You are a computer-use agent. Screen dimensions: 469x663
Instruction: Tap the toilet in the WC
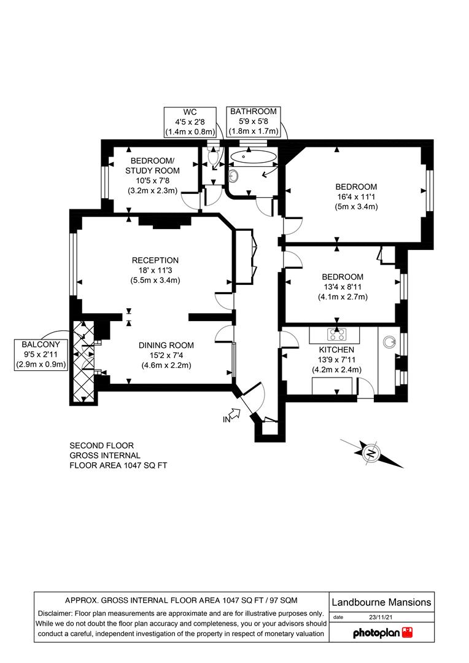pos(213,155)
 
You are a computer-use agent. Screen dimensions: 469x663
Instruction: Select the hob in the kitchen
pos(336,334)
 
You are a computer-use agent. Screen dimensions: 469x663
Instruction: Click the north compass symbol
pos(372,454)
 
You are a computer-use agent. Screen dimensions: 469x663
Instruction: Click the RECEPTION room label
pos(155,260)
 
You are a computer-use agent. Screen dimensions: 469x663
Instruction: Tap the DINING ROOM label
pos(166,346)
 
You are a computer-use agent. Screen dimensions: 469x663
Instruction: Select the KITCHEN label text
pos(336,350)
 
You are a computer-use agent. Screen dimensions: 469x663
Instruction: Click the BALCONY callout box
pos(41,354)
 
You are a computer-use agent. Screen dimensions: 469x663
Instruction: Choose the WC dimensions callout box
pos(190,122)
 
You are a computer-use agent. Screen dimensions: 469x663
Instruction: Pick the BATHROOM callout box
pos(254,122)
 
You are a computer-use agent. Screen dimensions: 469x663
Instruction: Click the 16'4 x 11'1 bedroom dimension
pos(356,196)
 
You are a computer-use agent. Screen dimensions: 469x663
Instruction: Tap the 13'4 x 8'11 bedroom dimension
pos(343,287)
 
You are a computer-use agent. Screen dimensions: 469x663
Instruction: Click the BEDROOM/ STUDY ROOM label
pos(152,166)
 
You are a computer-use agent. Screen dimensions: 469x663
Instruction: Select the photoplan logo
pos(382,632)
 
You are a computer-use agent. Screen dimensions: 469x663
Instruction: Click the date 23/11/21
pos(381,618)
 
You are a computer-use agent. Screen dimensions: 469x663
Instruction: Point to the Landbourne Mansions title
pos(381,602)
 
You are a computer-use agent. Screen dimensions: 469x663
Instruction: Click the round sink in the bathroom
pos(233,175)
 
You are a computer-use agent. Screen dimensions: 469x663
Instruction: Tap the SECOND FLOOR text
pos(101,446)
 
